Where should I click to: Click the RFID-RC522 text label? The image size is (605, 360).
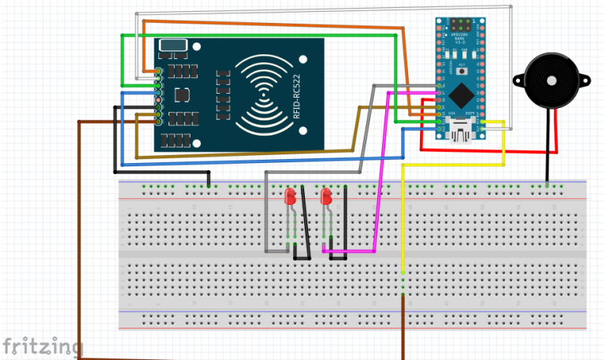pos(297,94)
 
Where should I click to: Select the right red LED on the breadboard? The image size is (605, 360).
pos(326,197)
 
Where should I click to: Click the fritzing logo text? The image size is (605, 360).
pos(41,346)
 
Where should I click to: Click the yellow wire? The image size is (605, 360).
pos(403,221)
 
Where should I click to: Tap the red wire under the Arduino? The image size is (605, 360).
pos(488,150)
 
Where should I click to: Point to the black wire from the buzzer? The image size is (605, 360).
pos(547,150)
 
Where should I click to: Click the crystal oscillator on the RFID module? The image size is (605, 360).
pos(172,46)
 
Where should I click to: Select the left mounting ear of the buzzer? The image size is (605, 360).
pos(518,80)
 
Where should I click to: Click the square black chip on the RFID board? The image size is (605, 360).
pos(182,95)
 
